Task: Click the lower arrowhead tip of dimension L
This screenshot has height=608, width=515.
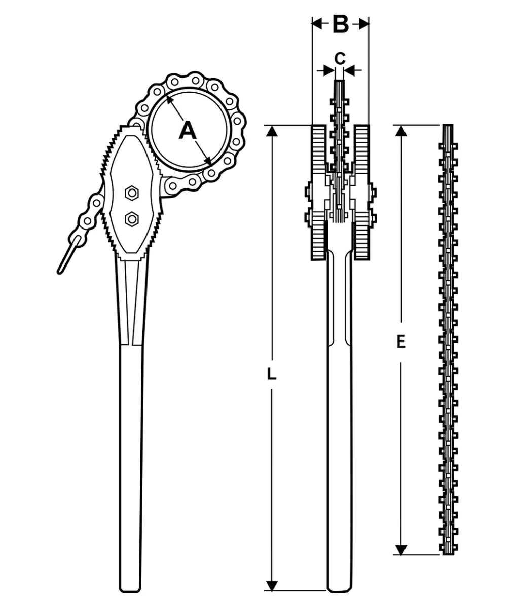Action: click(x=271, y=590)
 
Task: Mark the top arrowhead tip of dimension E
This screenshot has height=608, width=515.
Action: click(x=401, y=126)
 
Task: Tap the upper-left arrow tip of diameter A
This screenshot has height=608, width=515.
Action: click(x=167, y=96)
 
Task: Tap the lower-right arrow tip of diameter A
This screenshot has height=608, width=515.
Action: click(x=211, y=165)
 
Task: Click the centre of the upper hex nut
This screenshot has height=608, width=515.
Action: click(x=132, y=193)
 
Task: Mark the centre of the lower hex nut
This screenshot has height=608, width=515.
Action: click(x=132, y=219)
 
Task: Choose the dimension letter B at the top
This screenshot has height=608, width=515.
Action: click(x=341, y=24)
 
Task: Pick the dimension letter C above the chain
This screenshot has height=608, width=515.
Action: click(x=340, y=59)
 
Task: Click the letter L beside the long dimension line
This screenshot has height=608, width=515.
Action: click(x=271, y=374)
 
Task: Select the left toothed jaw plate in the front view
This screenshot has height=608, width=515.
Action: click(x=319, y=193)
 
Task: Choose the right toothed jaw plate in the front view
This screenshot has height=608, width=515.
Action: click(x=361, y=193)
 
